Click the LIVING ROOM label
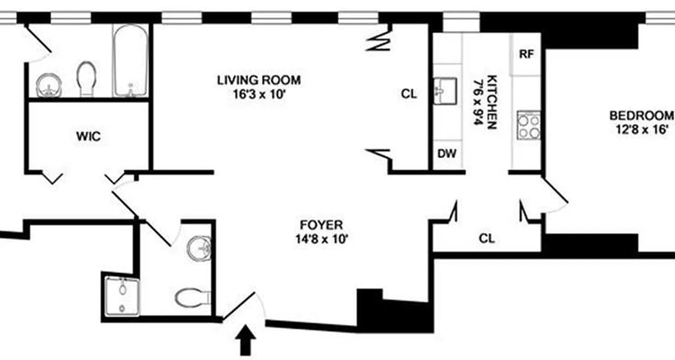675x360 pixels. coord(259,81)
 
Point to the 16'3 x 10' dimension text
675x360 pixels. coord(259,95)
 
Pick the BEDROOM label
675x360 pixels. coord(642,116)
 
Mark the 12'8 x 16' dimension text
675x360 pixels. coord(642,130)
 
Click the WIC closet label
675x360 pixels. coord(89,136)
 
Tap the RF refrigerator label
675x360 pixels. coord(526,54)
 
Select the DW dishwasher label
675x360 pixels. coord(447,154)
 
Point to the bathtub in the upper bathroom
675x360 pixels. coord(130,60)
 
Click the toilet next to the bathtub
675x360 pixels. coord(86,77)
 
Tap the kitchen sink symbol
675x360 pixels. coord(445,90)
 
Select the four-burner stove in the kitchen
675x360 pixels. coord(528,125)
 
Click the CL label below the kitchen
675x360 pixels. coord(487,238)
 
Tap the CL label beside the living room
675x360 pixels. coord(409,94)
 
